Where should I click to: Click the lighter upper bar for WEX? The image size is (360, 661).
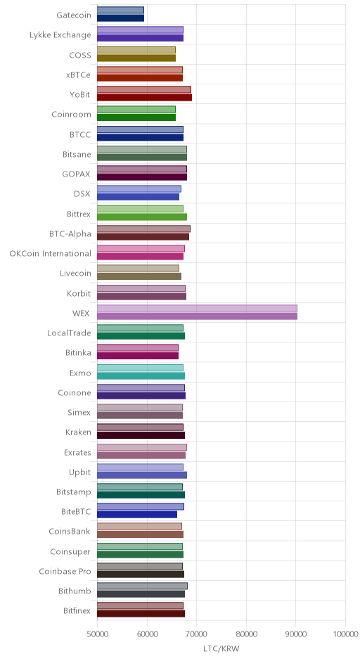coord(197,308)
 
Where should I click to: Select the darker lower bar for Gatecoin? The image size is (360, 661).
coord(120,18)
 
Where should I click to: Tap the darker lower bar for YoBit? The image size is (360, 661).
coord(144,97)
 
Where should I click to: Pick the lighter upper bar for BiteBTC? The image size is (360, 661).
coord(141,507)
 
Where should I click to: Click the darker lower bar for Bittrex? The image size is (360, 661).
coord(142,217)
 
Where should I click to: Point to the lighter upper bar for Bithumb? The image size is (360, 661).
coord(142,586)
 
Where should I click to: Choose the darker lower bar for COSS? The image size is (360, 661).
coord(136,58)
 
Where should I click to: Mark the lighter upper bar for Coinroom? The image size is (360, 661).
coord(136,110)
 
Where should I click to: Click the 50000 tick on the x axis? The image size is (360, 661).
coord(97,620)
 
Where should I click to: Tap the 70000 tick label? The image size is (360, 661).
coord(196,634)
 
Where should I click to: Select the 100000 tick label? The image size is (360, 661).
coord(345,634)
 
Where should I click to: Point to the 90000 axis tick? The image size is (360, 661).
coord(295,620)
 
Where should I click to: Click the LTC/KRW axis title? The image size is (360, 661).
coord(221,649)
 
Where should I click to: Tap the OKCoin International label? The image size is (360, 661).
coord(50,253)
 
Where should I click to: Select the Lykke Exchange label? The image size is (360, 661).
coord(60,35)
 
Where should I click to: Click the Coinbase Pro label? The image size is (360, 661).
coord(65,571)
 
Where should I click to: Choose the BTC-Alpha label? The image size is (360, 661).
coord(70,233)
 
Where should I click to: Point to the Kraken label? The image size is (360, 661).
coord(78,432)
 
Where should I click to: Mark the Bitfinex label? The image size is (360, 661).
coord(77,611)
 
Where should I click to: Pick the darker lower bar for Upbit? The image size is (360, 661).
coord(142,475)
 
